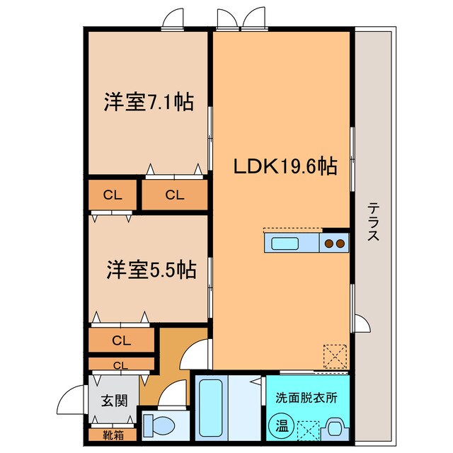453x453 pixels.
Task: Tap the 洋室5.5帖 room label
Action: click(x=151, y=269)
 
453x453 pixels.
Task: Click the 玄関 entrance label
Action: click(x=114, y=401)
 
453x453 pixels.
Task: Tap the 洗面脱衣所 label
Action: click(x=306, y=397)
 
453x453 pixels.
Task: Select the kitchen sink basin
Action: click(x=285, y=244)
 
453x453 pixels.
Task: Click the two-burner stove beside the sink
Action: click(x=335, y=244)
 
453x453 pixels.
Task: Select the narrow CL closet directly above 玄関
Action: click(x=121, y=365)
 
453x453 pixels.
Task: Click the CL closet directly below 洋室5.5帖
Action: click(x=121, y=340)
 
